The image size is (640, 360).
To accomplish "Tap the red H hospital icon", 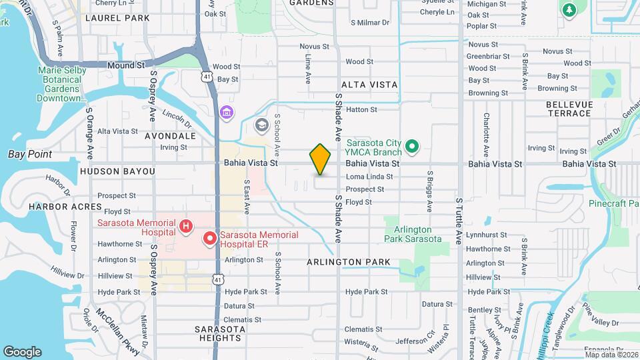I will pyautogui.click(x=186, y=228).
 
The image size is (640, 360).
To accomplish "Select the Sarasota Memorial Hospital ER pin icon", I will pyautogui.click(x=209, y=238).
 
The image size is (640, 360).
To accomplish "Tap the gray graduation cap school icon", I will pyautogui.click(x=262, y=125).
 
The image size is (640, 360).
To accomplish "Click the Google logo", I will pyautogui.click(x=22, y=352).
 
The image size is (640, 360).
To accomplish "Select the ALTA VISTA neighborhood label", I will pyautogui.click(x=369, y=85).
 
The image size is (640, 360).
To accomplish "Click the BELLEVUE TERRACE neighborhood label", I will pyautogui.click(x=569, y=109).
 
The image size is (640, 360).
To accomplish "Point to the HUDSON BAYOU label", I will pyautogui.click(x=117, y=171).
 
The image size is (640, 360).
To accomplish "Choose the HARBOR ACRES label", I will pyautogui.click(x=56, y=207).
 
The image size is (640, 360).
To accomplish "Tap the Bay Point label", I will pyautogui.click(x=30, y=154).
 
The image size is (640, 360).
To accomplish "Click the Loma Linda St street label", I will pyautogui.click(x=369, y=177).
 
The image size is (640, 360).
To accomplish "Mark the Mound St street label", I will pyautogui.click(x=126, y=65).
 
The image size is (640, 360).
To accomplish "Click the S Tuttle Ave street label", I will pyautogui.click(x=459, y=220).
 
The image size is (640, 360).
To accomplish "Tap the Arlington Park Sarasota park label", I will pyautogui.click(x=413, y=234).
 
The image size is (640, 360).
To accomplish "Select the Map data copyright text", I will pyautogui.click(x=610, y=354).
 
